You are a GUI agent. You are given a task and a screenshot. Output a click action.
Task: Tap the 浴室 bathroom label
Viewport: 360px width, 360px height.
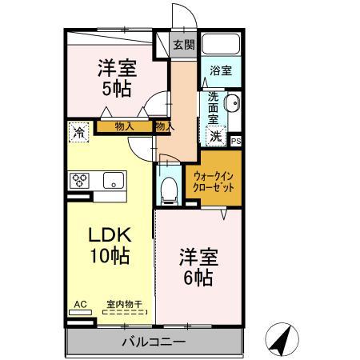[x=221, y=71]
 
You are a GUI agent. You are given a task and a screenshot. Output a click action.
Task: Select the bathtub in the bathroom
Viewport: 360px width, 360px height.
[x=221, y=45]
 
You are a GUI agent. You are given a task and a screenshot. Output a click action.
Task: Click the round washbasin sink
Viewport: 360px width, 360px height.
[x=231, y=104]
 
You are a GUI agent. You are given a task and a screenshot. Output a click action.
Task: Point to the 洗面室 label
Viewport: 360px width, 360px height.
[x=214, y=109]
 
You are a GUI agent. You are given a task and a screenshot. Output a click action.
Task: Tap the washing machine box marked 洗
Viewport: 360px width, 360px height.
[x=217, y=137]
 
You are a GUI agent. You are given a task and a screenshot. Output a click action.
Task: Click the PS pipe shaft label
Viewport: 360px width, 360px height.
[x=235, y=141]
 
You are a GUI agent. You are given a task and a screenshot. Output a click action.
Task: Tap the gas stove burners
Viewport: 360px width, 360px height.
[x=81, y=180]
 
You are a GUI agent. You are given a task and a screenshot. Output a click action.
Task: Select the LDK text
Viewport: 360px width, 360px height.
[x=110, y=237]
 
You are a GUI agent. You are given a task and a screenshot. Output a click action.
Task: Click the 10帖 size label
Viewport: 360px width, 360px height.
[x=110, y=258]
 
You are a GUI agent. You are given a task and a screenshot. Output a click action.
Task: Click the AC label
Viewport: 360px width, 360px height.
[x=79, y=304]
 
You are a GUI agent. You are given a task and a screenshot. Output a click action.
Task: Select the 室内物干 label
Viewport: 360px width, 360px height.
[x=124, y=304]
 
